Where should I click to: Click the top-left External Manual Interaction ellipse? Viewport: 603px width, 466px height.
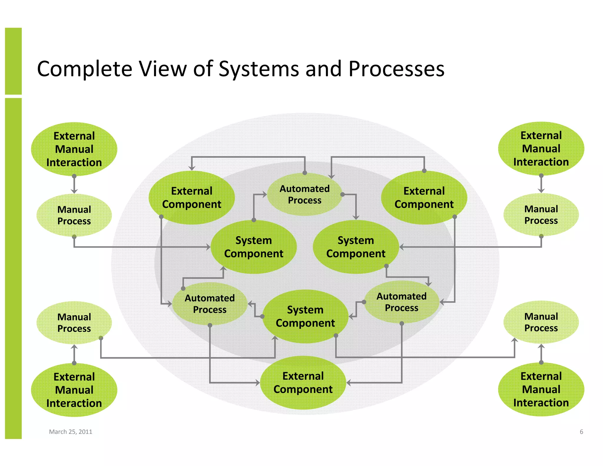tap(74, 149)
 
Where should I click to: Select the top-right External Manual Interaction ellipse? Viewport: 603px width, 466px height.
tap(541, 148)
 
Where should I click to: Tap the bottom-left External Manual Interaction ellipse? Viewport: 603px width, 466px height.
tap(74, 390)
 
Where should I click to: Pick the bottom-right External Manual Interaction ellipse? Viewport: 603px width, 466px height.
tap(541, 389)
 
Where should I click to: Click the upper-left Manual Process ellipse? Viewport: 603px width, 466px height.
tap(74, 215)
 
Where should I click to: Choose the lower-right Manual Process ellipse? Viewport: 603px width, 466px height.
tap(541, 322)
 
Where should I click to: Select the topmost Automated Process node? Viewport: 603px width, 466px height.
tap(304, 194)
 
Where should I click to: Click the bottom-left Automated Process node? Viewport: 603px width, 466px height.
tap(210, 304)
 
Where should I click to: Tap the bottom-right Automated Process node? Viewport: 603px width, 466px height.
tap(401, 302)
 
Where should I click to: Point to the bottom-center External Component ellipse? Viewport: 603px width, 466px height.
tap(303, 382)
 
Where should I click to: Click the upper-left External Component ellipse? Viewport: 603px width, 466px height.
tap(192, 197)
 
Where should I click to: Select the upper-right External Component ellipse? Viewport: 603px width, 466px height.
tap(424, 197)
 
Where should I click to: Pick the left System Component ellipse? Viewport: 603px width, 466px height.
tap(254, 247)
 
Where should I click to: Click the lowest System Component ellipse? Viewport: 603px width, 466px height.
tap(305, 316)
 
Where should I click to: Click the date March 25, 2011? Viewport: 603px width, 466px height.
tap(71, 432)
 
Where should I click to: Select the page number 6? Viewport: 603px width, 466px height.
tap(581, 432)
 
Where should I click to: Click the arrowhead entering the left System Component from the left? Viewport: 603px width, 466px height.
tap(208, 247)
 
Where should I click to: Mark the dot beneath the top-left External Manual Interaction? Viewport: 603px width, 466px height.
tap(74, 176)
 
